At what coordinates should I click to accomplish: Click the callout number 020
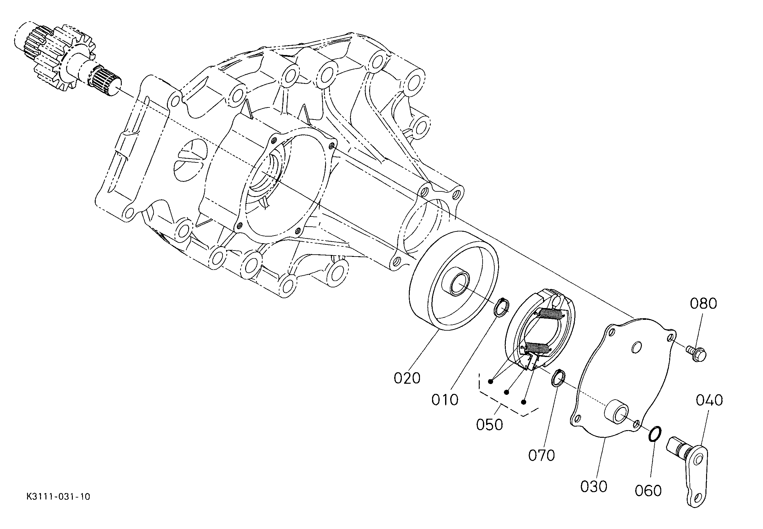407,378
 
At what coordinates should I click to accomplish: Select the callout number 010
444,400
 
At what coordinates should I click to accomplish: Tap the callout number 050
489,425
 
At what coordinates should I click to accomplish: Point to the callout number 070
541,456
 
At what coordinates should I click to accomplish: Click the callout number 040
709,400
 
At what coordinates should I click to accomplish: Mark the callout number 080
703,304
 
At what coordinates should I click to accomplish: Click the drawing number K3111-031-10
58,506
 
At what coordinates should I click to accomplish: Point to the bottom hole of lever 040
699,506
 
